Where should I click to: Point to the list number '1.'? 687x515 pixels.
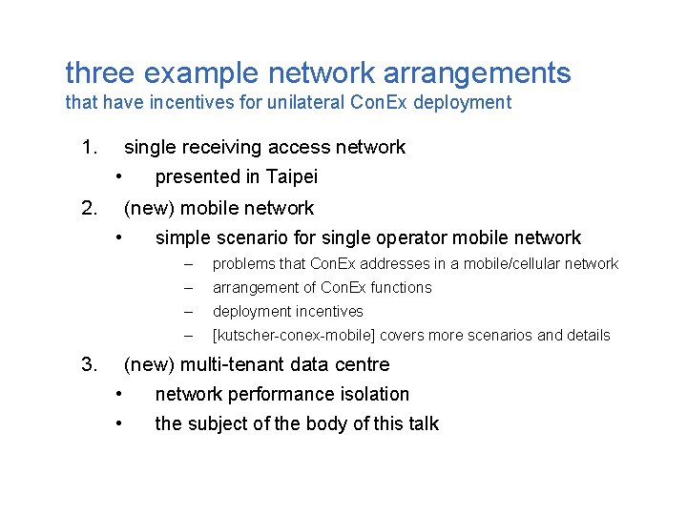90,147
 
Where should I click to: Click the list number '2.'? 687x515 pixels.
90,208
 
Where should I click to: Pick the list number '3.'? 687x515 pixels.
90,364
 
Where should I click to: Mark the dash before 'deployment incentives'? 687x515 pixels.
189,312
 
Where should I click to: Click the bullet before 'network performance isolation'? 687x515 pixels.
118,394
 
